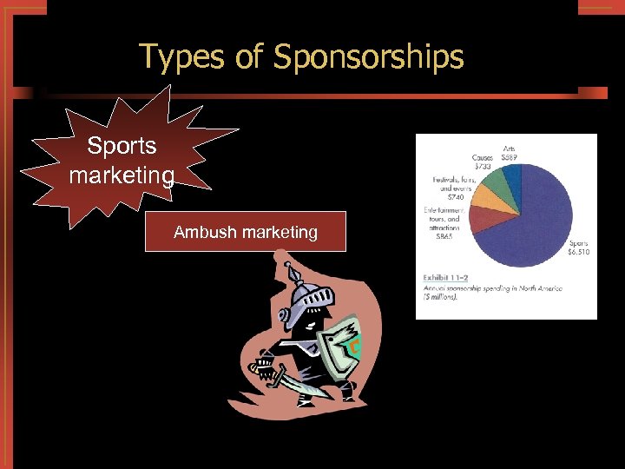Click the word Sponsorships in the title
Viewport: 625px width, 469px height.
pyautogui.click(x=369, y=57)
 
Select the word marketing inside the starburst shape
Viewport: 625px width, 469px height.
pyautogui.click(x=122, y=175)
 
